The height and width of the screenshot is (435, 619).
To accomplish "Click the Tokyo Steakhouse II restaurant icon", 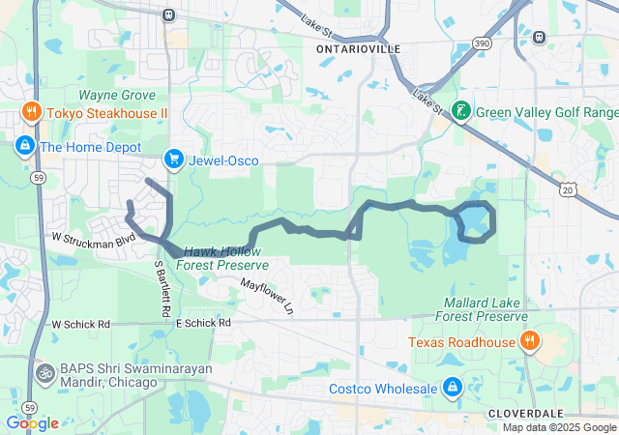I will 32,112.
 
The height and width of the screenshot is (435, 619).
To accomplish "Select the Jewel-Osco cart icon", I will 174,159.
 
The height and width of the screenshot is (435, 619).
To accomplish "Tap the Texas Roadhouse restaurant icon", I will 529,341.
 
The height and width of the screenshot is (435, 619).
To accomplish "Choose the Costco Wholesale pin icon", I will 451,388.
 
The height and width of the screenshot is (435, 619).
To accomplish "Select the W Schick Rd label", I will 81,324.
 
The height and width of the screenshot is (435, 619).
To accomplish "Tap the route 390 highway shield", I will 482,44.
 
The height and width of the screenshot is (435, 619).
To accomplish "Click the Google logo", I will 32,422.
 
